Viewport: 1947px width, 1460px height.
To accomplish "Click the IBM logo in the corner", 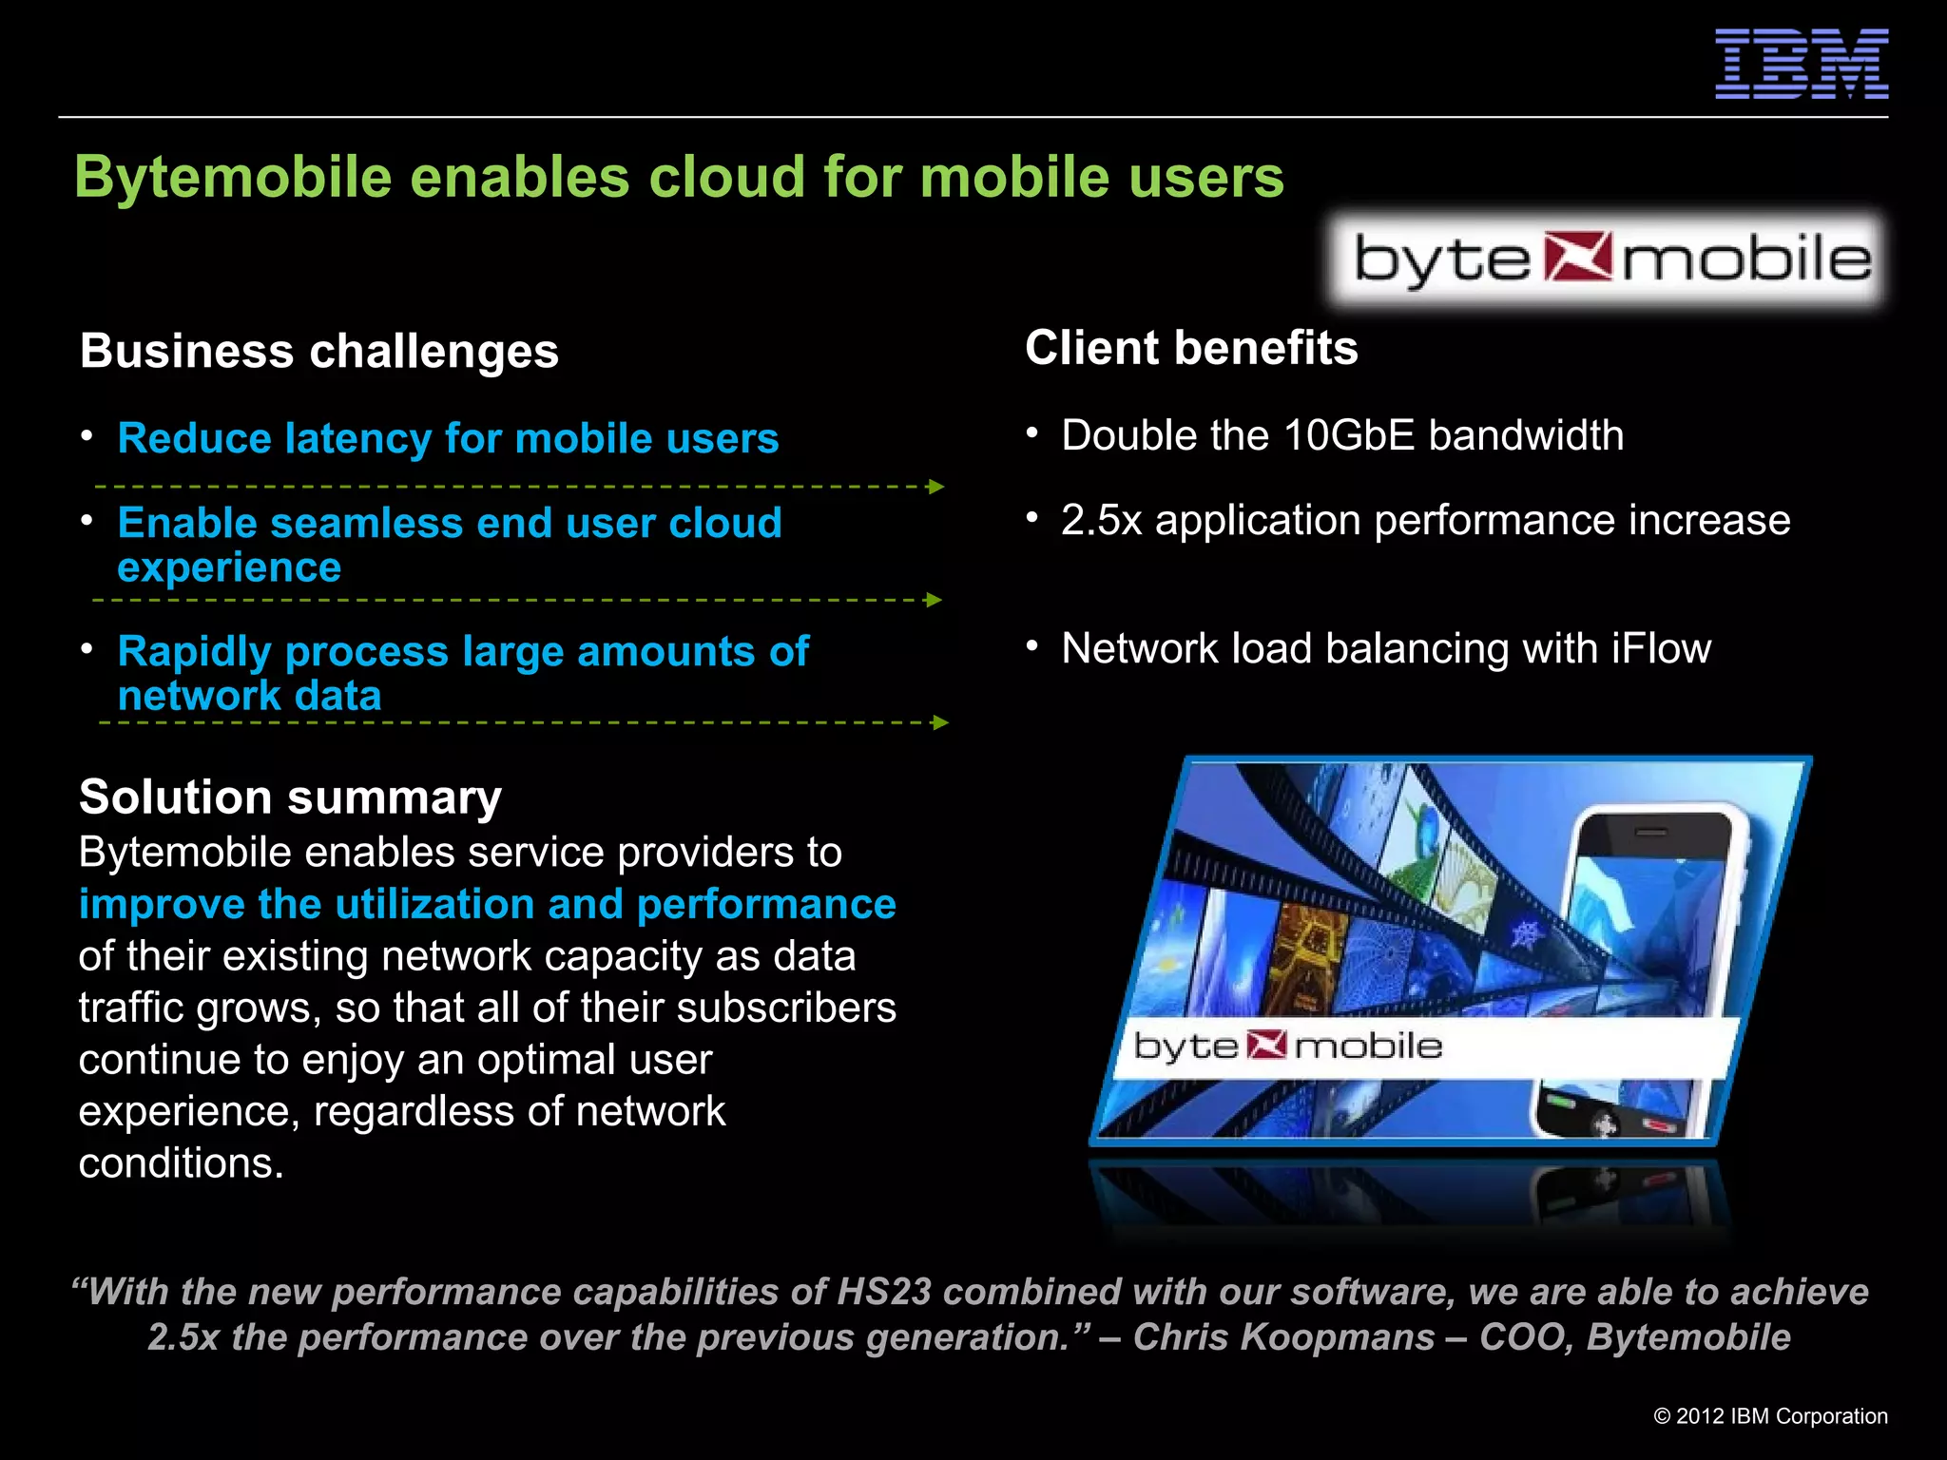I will point(1801,64).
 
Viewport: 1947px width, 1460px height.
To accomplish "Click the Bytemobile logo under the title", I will point(1609,259).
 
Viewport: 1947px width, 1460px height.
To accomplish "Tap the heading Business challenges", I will point(319,351).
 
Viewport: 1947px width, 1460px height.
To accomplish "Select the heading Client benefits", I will point(1191,348).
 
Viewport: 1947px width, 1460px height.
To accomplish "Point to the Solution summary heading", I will point(290,797).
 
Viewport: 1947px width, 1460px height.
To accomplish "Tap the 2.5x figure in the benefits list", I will point(1101,521).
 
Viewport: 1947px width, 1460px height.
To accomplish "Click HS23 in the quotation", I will point(883,1293).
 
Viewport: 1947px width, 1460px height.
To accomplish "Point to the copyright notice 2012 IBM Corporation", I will point(1770,1416).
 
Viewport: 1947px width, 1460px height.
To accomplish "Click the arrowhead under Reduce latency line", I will point(936,487).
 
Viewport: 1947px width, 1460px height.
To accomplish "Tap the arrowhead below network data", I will point(940,722).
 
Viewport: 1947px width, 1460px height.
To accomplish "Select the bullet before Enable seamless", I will point(87,521).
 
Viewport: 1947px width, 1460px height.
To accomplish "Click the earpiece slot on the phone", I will point(1651,832).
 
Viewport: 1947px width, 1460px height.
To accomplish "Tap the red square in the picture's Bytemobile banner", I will point(1266,1046).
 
